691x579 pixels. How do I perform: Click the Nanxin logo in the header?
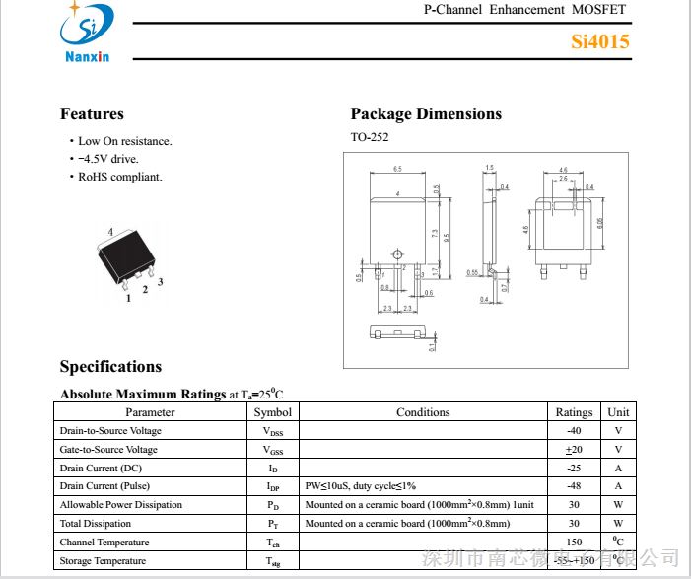(x=86, y=32)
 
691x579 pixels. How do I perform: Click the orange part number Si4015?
(x=599, y=41)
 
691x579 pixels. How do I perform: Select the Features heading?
(x=92, y=114)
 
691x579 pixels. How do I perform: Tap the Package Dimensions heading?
(x=426, y=114)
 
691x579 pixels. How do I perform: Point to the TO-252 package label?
(x=370, y=138)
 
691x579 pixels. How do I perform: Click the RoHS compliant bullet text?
(x=120, y=177)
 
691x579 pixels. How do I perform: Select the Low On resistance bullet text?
(x=124, y=141)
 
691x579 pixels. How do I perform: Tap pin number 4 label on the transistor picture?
(x=110, y=232)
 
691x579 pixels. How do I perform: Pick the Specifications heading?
(x=110, y=367)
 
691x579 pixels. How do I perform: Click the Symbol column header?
(x=272, y=412)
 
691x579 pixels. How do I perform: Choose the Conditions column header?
(x=423, y=412)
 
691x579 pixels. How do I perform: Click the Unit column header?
(x=618, y=412)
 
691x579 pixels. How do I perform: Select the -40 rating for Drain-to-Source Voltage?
(x=574, y=431)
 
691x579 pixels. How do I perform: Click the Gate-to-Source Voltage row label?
(x=108, y=450)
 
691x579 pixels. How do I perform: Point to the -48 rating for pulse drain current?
(x=574, y=486)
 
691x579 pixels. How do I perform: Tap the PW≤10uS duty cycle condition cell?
(x=361, y=486)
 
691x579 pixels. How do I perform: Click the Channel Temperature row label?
(x=104, y=543)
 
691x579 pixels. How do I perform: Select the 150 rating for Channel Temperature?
(x=574, y=543)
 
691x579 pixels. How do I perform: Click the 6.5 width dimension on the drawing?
(x=397, y=170)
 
